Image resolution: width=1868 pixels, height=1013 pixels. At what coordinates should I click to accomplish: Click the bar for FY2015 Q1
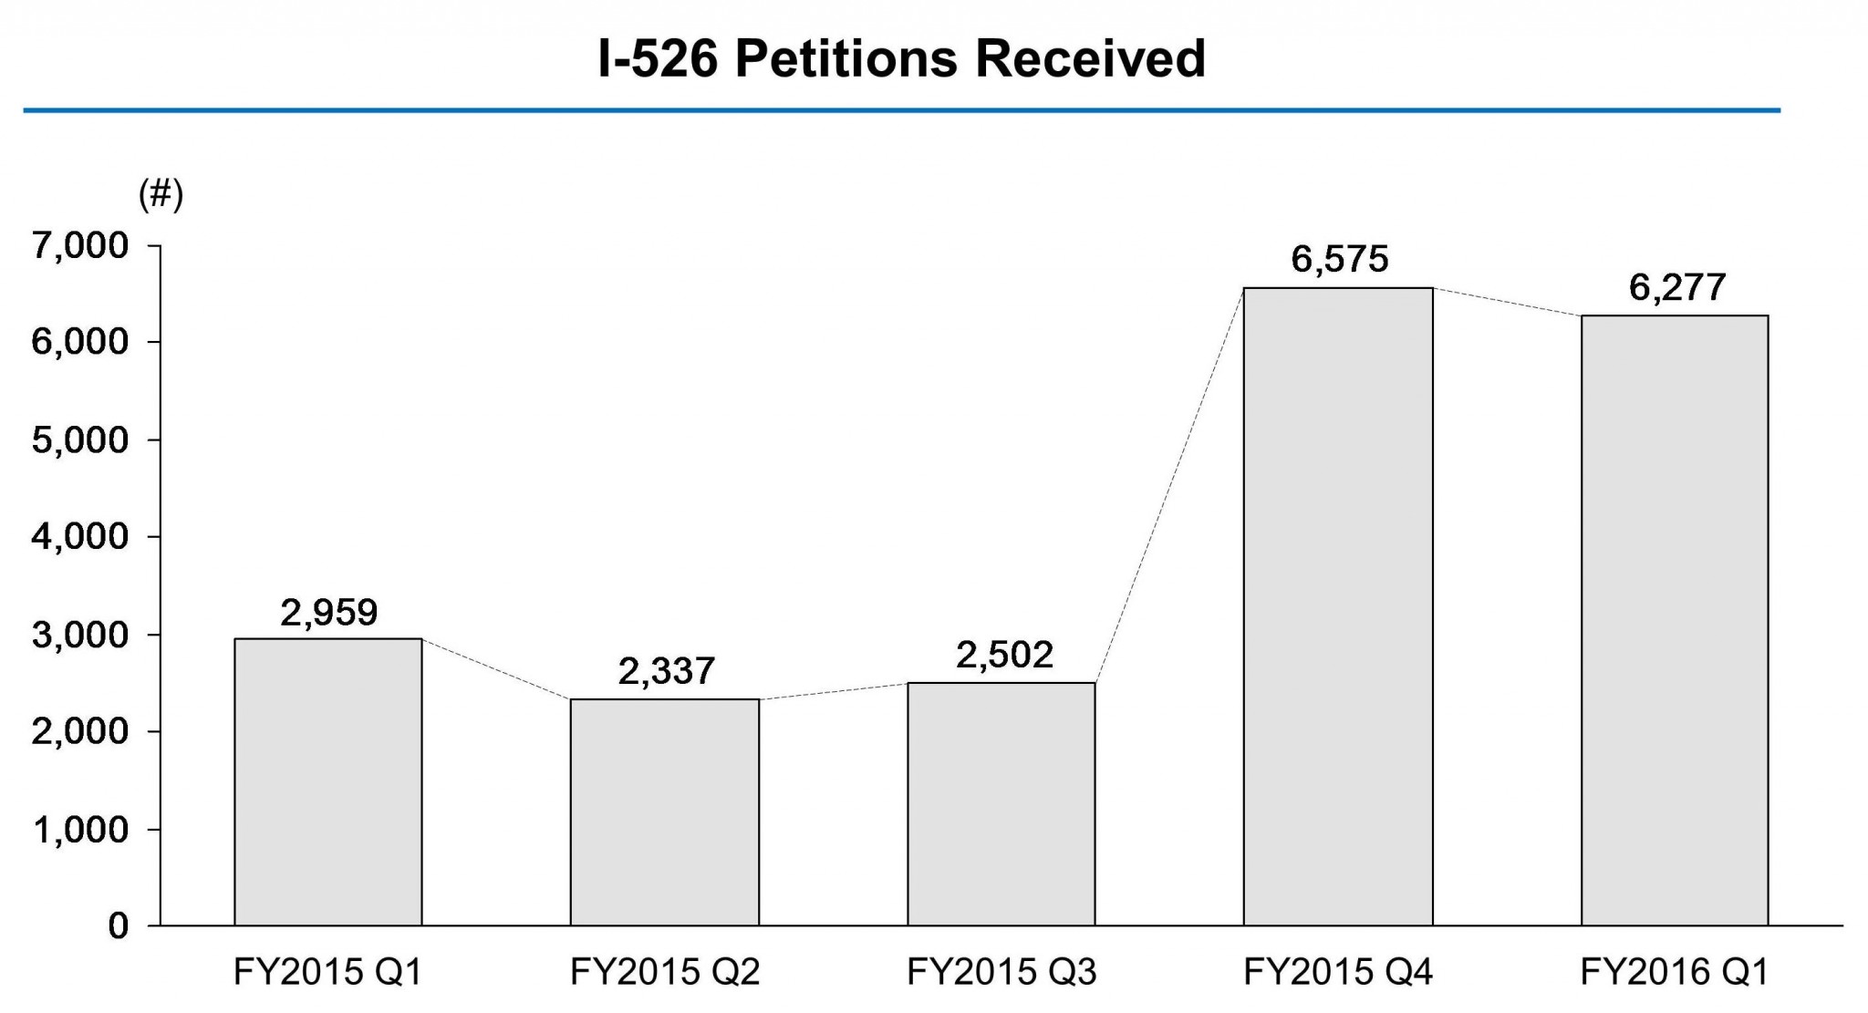pyautogui.click(x=328, y=782)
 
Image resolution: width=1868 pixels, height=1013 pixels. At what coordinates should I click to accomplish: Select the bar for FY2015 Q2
pyautogui.click(x=665, y=812)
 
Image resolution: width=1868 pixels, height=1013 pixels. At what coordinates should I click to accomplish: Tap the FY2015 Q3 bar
pyautogui.click(x=1001, y=804)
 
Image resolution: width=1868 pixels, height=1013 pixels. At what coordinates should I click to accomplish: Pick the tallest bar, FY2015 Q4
pyautogui.click(x=1338, y=607)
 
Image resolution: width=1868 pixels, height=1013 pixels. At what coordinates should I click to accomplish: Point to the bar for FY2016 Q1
pyautogui.click(x=1675, y=621)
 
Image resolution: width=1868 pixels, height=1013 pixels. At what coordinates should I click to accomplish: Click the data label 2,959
pyautogui.click(x=328, y=613)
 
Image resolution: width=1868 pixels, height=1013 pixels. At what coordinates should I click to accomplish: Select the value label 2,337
pyautogui.click(x=666, y=672)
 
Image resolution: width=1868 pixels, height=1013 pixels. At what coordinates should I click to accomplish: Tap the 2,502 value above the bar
pyautogui.click(x=1004, y=655)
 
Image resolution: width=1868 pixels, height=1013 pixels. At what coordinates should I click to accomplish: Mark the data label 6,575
pyautogui.click(x=1339, y=260)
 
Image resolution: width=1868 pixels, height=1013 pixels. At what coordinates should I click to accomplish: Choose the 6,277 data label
pyautogui.click(x=1676, y=288)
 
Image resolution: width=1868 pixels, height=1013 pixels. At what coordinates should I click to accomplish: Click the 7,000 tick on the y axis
pyautogui.click(x=80, y=246)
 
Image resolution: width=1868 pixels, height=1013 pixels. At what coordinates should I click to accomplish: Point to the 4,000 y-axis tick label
pyautogui.click(x=80, y=537)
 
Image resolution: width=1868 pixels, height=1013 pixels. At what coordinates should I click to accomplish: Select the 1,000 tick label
pyautogui.click(x=80, y=830)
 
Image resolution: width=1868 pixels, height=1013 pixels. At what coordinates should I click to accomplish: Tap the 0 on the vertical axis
pyautogui.click(x=118, y=926)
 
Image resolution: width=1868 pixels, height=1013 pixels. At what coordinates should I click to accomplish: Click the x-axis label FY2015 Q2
pyautogui.click(x=665, y=973)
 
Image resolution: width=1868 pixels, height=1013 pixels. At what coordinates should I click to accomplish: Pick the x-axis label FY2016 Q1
pyautogui.click(x=1675, y=973)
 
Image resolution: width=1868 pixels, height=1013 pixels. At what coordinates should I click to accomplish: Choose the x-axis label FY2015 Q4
pyautogui.click(x=1338, y=973)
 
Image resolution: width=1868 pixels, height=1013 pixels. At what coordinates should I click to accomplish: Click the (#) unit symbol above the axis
pyautogui.click(x=161, y=194)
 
